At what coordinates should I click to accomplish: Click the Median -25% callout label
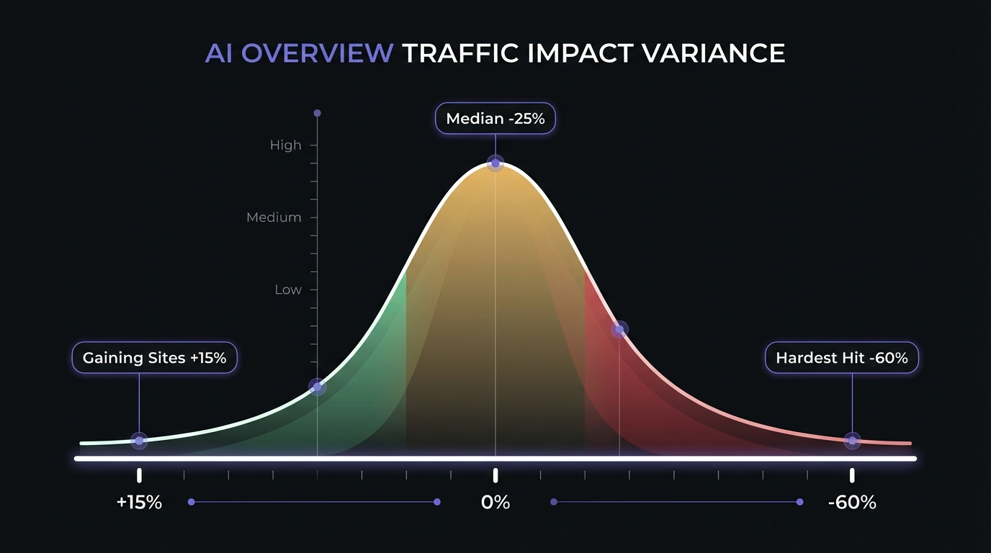click(495, 118)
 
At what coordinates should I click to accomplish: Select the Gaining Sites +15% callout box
click(154, 357)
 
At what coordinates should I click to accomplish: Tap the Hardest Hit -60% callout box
click(841, 357)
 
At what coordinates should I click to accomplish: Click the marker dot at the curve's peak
click(495, 163)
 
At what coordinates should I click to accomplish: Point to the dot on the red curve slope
click(619, 330)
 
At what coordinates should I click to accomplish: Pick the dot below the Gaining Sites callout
click(139, 441)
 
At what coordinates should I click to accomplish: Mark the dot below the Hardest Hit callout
click(852, 441)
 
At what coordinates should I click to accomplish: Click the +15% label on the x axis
click(139, 502)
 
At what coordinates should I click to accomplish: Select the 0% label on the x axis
click(495, 502)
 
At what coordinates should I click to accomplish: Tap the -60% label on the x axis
click(852, 502)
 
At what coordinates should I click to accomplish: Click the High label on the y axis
click(285, 145)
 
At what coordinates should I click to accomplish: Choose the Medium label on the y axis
click(274, 217)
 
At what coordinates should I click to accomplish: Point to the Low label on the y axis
click(288, 289)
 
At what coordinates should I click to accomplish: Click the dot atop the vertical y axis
click(317, 113)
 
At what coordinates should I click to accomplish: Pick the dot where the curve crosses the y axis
click(317, 387)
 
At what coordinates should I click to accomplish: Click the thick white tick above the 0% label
click(495, 475)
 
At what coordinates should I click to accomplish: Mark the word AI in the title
click(219, 54)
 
